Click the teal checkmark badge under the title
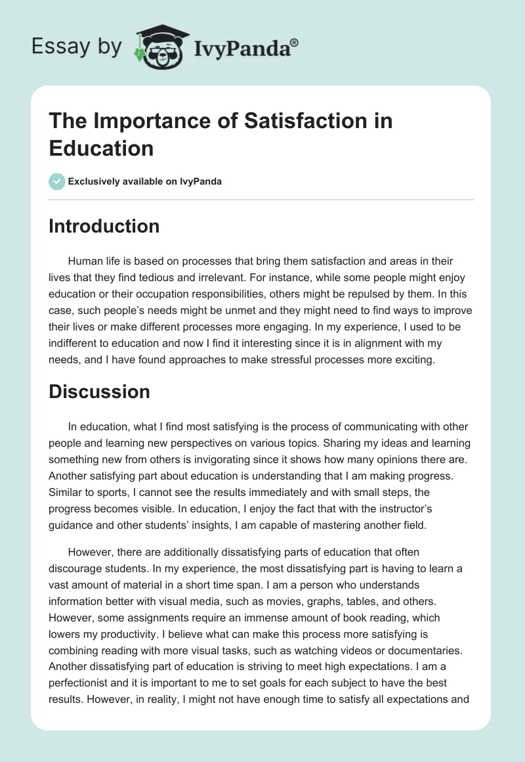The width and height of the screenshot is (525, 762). click(x=57, y=181)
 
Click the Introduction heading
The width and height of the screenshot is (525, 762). click(x=104, y=226)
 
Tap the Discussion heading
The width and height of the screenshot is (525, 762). click(x=100, y=392)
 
